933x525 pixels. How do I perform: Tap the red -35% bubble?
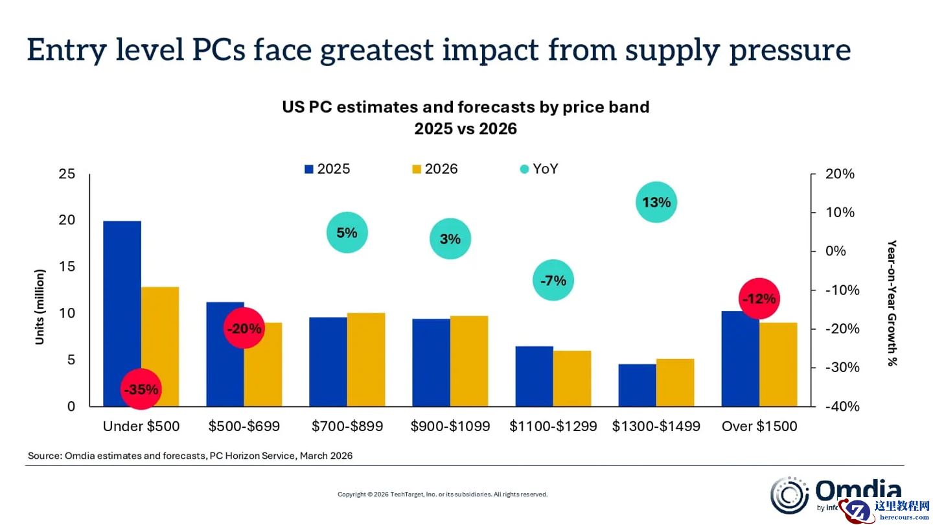point(141,390)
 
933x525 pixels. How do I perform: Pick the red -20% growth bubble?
point(244,329)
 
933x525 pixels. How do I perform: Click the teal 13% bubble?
point(656,202)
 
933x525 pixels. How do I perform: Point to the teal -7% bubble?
point(553,281)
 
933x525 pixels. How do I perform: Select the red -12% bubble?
point(759,299)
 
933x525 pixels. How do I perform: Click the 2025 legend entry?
point(327,169)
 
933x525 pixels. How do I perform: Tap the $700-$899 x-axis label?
point(347,426)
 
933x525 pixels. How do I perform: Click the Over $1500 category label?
point(759,426)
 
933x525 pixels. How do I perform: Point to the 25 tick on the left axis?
point(67,174)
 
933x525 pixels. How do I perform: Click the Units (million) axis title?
point(40,307)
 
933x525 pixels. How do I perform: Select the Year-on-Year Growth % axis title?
point(892,303)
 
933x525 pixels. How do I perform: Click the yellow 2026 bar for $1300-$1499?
point(675,382)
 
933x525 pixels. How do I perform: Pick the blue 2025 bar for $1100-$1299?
point(535,376)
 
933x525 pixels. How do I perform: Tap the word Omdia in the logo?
point(858,491)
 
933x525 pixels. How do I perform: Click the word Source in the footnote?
point(44,456)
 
